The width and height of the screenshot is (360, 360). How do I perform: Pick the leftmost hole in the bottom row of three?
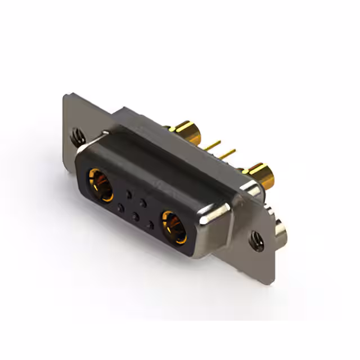(120, 208)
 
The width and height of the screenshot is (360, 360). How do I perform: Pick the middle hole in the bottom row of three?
(135, 216)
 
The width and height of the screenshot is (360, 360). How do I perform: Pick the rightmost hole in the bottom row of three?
(150, 224)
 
